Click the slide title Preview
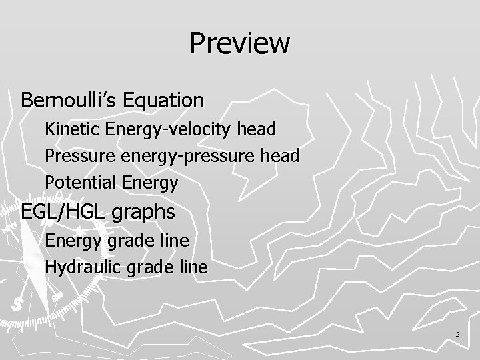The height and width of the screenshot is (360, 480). pyautogui.click(x=240, y=44)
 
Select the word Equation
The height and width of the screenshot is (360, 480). pyautogui.click(x=167, y=101)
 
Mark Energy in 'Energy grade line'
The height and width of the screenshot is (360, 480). pyautogui.click(x=72, y=241)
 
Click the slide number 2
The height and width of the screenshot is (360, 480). pyautogui.click(x=458, y=333)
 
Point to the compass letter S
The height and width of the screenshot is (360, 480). pyautogui.click(x=16, y=305)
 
